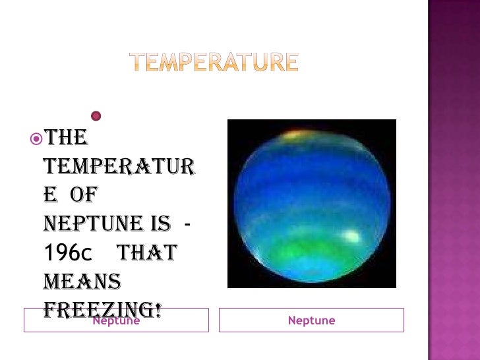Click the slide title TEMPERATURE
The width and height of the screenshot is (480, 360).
[213, 63]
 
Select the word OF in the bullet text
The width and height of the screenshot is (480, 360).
[83, 196]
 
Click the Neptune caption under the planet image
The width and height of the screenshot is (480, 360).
[311, 320]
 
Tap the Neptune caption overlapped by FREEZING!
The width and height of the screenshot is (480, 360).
[116, 322]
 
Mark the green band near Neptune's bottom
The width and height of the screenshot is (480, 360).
[310, 254]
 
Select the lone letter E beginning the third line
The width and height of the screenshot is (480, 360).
[49, 196]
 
